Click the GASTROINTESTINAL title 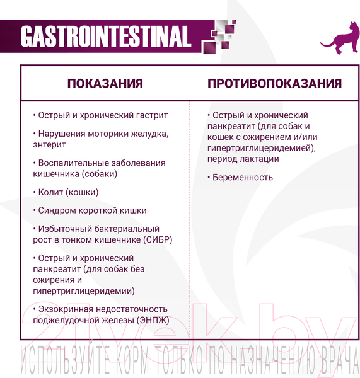coord(105,37)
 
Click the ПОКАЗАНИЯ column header coord(105,84)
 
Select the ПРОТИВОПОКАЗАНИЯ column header coord(274,84)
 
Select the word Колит coord(50,192)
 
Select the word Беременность coord(243,177)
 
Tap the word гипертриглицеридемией coord(257,148)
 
